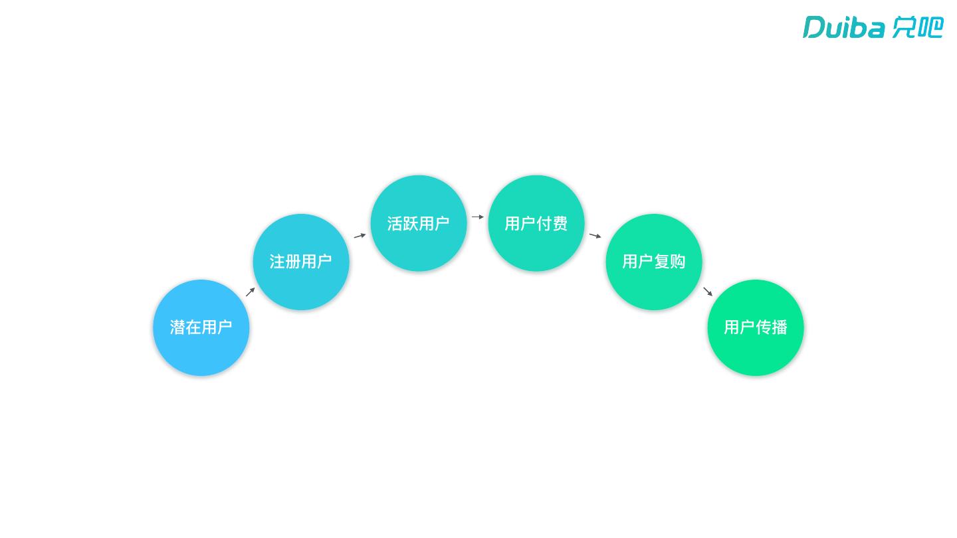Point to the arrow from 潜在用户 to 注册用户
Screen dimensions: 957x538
point(251,292)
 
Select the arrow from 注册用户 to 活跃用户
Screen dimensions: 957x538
point(360,235)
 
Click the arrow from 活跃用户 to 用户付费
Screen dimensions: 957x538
point(478,217)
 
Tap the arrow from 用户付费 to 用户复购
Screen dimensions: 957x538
point(595,235)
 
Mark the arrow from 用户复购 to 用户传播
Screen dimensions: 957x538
point(708,292)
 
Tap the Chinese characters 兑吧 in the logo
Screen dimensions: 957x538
point(917,27)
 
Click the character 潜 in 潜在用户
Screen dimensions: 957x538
point(177,327)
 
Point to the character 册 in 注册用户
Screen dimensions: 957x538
point(293,262)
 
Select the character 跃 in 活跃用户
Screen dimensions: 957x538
point(411,224)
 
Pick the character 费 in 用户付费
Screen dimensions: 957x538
point(560,224)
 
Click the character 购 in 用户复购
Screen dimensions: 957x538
point(678,262)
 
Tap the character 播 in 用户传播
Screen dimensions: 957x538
point(780,327)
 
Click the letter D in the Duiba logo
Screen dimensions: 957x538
point(814,27)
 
